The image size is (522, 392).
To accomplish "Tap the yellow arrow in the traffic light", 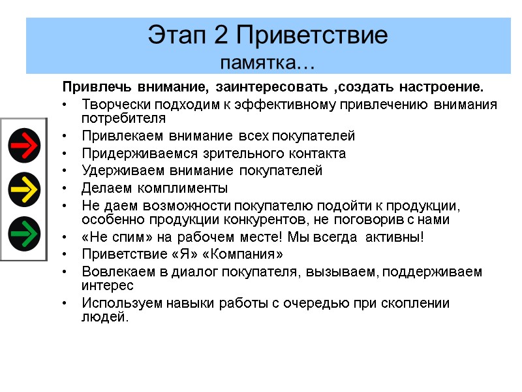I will (25, 189).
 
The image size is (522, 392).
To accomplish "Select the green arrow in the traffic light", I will (25, 233).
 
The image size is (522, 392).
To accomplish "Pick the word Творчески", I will (114, 105).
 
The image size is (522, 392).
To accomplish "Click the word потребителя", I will (123, 119).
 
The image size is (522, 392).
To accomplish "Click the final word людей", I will (105, 318).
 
